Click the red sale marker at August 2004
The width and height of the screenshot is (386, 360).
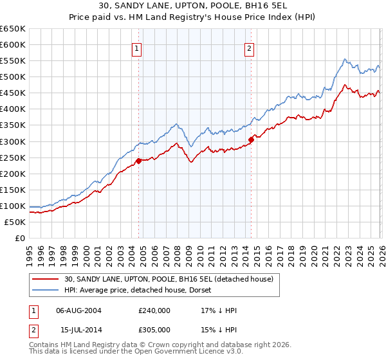coord(139,161)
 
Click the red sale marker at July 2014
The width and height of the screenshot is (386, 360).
coord(251,139)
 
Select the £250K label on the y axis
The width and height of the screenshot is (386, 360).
coord(13,157)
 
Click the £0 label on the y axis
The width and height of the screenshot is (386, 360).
coord(21,238)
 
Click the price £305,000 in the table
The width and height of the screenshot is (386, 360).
coord(154,329)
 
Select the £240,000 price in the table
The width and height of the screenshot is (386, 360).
coord(154,310)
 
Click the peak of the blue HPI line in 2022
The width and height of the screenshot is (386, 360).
coord(345,59)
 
